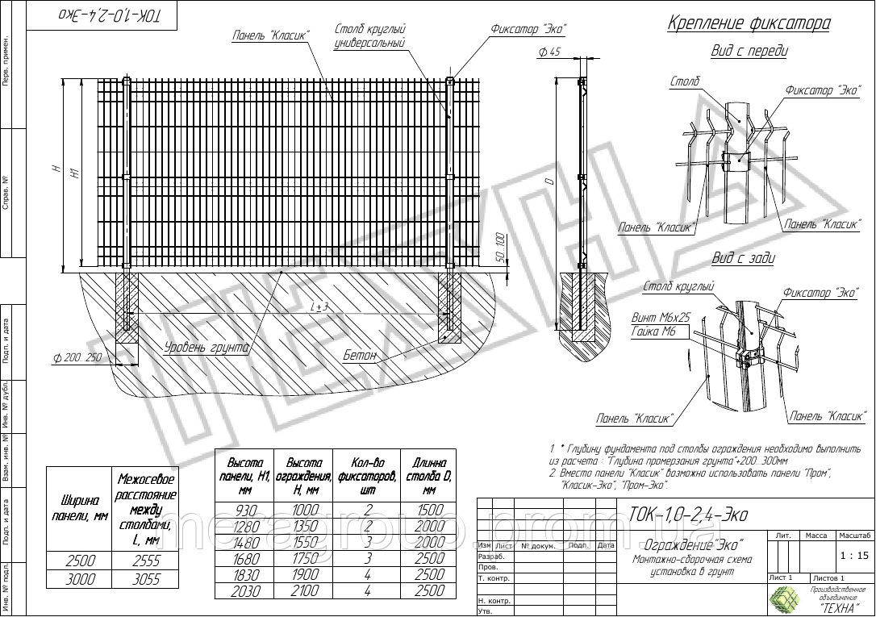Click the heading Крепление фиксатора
coord(749,23)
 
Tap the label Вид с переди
coord(749,52)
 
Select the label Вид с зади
coord(743,258)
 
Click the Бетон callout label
coord(360,356)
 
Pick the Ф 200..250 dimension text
coord(77,357)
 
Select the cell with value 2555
coord(146,561)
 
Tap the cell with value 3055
coord(146,579)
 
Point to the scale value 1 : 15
coord(853,555)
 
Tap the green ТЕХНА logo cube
coord(782,598)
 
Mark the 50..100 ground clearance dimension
coord(500,246)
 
